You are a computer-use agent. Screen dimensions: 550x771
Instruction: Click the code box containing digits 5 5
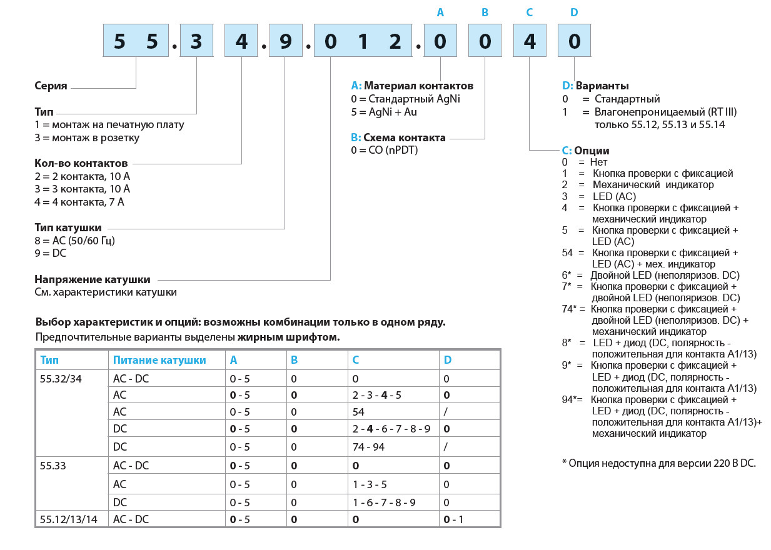point(136,42)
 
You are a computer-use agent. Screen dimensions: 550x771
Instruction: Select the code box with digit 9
point(285,42)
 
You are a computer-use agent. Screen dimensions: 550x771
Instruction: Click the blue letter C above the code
point(530,12)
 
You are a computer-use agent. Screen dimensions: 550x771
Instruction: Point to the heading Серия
point(51,86)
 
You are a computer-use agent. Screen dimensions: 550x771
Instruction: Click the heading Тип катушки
point(68,227)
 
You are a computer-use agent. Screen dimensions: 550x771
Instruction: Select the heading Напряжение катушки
point(92,279)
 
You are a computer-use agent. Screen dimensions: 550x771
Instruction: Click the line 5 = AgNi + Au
point(384,112)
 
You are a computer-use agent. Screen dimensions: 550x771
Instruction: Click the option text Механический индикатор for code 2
point(653,184)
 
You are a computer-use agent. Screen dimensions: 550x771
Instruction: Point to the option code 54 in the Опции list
point(567,252)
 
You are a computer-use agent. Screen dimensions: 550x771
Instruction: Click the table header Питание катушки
point(159,360)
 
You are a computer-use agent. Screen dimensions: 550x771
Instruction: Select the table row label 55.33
point(52,466)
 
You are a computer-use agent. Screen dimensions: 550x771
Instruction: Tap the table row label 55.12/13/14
point(68,519)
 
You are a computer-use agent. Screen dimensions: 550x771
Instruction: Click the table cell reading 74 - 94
point(369,447)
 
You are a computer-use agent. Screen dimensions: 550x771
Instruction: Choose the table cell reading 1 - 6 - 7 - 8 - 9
point(384,502)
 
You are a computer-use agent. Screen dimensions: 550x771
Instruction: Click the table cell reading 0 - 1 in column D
point(453,519)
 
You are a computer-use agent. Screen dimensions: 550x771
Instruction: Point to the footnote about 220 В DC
point(658,463)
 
